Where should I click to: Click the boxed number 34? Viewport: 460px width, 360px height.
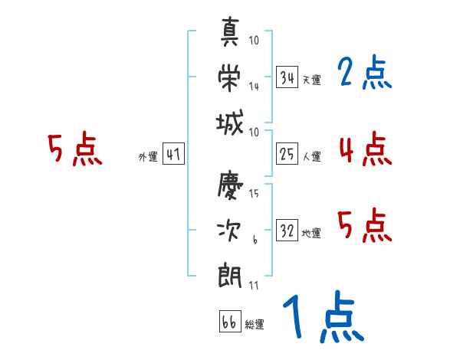click(x=287, y=78)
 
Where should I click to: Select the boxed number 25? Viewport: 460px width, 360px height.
click(x=287, y=155)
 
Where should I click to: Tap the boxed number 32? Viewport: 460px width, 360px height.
click(x=287, y=231)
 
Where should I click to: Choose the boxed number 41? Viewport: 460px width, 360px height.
click(x=173, y=155)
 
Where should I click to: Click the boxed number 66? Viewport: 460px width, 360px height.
click(x=229, y=322)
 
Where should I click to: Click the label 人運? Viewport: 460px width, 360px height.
click(x=311, y=157)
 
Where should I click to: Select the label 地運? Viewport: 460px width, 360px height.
click(x=311, y=234)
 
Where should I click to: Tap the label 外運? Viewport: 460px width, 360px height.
click(x=148, y=157)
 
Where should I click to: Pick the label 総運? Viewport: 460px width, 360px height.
click(x=255, y=325)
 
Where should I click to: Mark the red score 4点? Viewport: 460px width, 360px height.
click(x=365, y=149)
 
